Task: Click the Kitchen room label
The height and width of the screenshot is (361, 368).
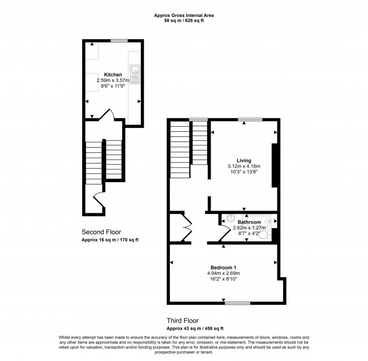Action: pyautogui.click(x=113, y=75)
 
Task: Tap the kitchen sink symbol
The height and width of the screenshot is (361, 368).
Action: pyautogui.click(x=135, y=72)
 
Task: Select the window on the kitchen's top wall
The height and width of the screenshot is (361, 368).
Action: pyautogui.click(x=118, y=41)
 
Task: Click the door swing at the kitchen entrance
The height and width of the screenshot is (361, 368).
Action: pyautogui.click(x=106, y=116)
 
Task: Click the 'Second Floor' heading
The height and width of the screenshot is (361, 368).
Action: pyautogui.click(x=101, y=232)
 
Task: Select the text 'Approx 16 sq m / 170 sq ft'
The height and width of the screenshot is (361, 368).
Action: pyautogui.click(x=110, y=240)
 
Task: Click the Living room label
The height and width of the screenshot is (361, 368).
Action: pyautogui.click(x=243, y=160)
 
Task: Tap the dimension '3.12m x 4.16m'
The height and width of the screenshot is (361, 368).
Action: pyautogui.click(x=243, y=166)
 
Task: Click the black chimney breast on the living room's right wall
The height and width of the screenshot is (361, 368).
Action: pyautogui.click(x=275, y=165)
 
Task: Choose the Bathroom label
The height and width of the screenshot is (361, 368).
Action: pyautogui.click(x=249, y=222)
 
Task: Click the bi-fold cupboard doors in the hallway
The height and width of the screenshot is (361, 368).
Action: pyautogui.click(x=186, y=228)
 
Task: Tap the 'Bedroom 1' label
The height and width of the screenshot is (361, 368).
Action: pyautogui.click(x=223, y=267)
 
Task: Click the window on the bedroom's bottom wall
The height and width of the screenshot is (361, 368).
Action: pyautogui.click(x=237, y=303)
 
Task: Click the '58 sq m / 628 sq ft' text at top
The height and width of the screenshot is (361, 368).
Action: pyautogui.click(x=183, y=21)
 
